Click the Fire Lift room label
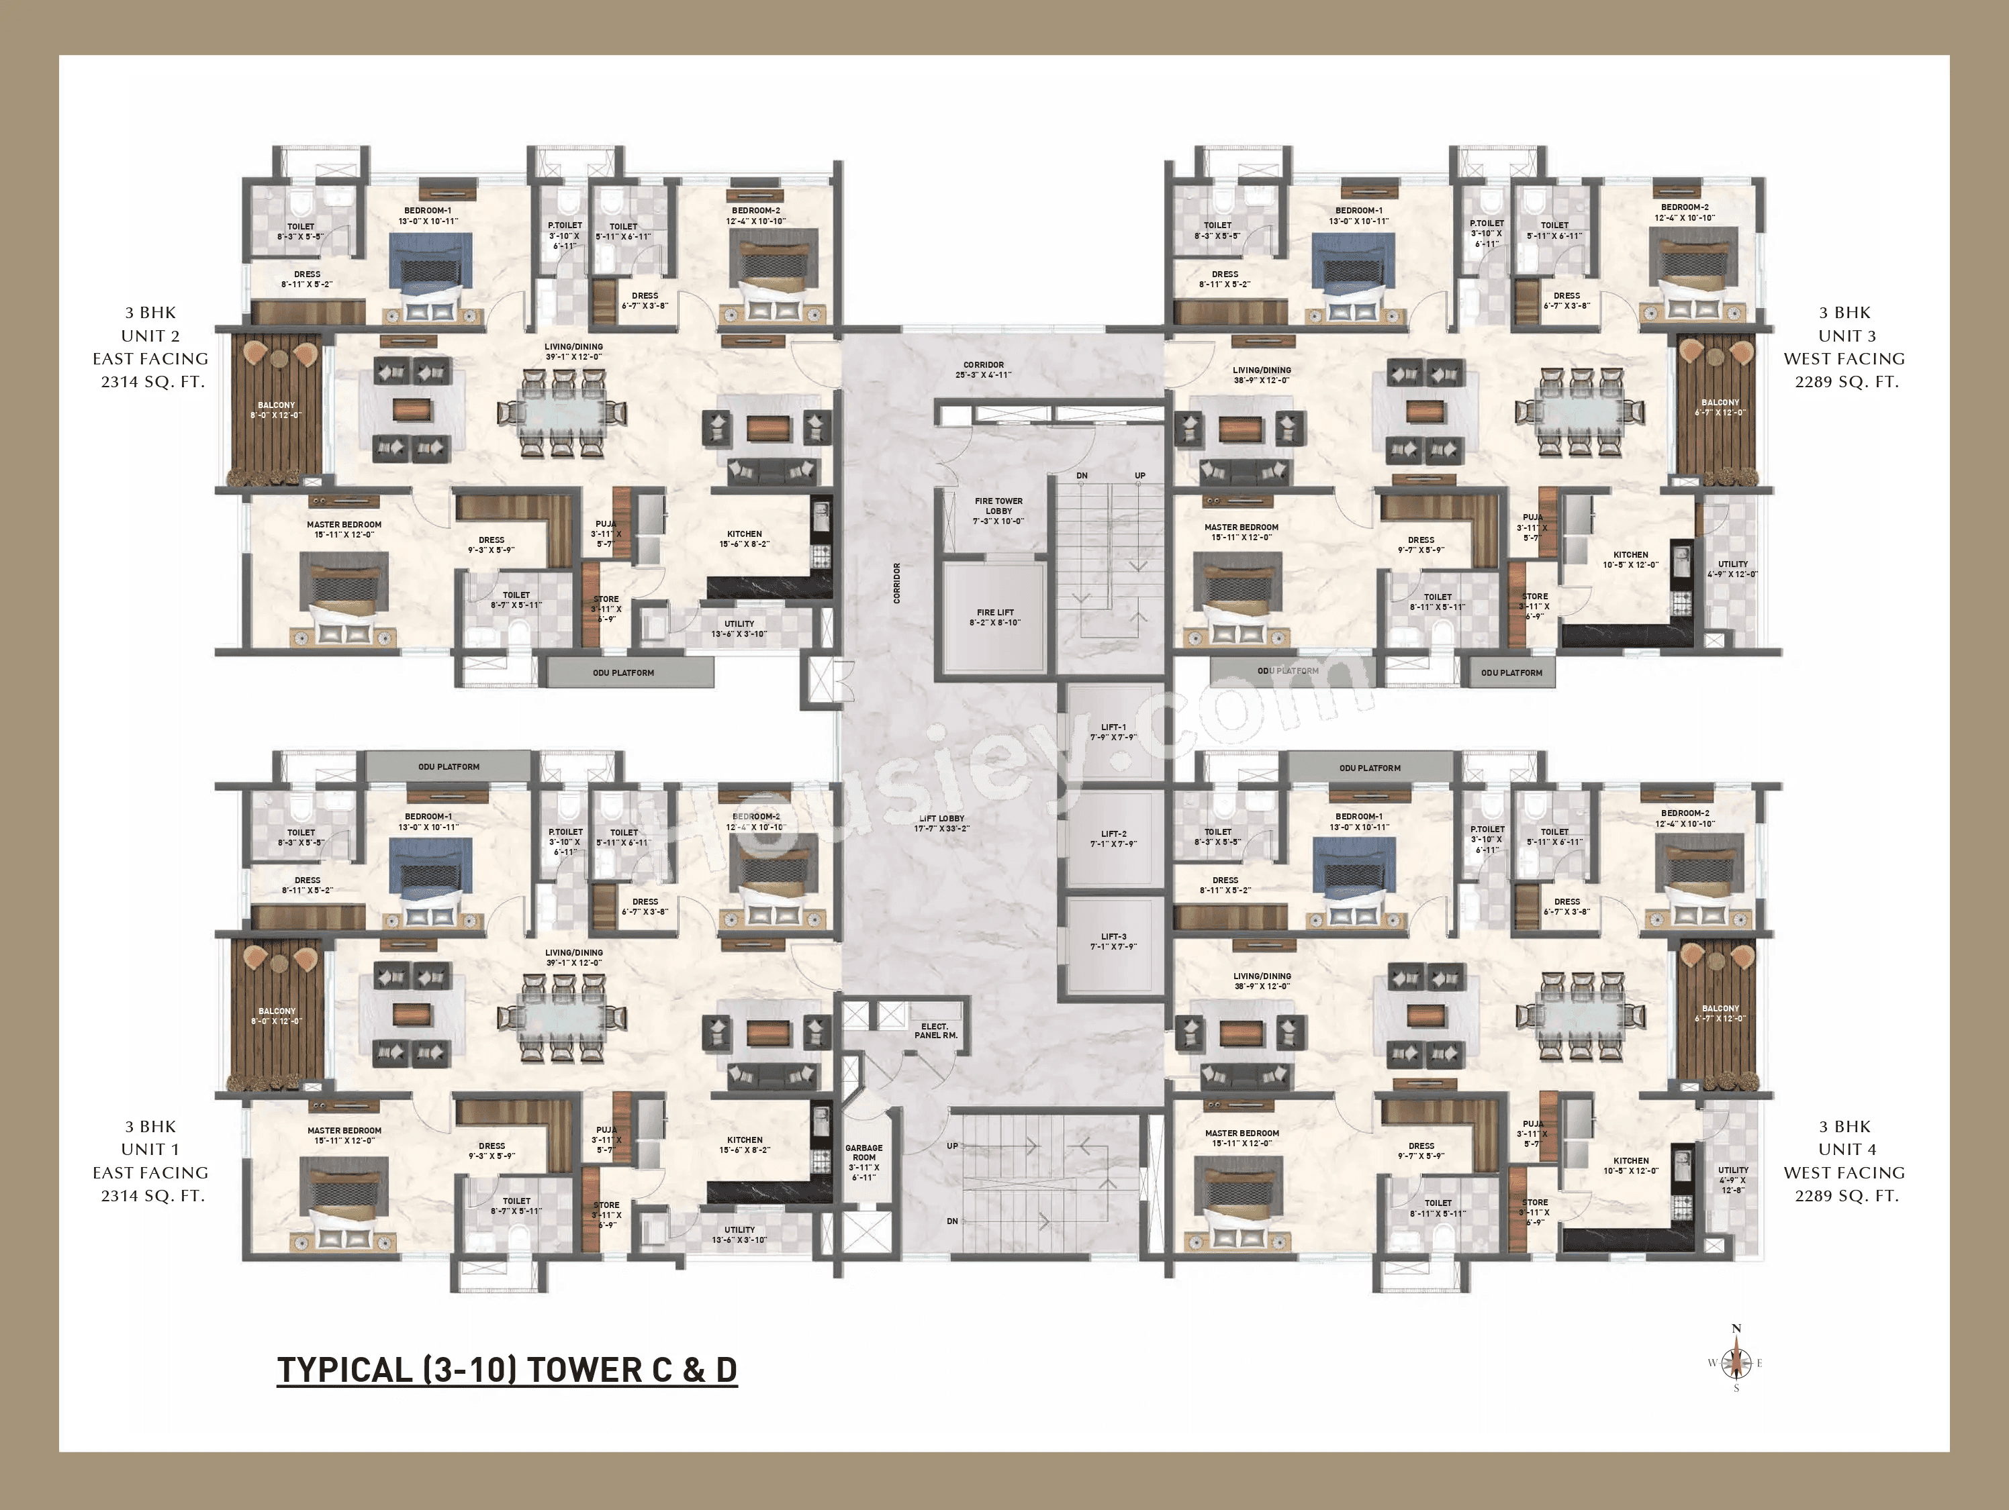pos(995,617)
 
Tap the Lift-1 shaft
pos(1113,732)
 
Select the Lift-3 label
pos(1113,942)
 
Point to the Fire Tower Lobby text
pos(998,510)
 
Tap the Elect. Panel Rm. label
pos(935,1031)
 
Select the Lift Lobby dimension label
pos(942,823)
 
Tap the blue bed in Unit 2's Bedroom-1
pos(430,263)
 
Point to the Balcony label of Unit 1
pos(277,1015)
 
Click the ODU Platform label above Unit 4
pos(1370,768)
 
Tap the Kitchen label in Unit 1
pos(745,1145)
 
